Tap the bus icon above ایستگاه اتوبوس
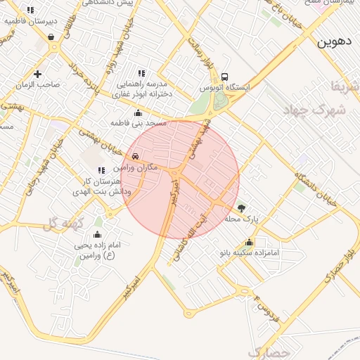click(x=224, y=77)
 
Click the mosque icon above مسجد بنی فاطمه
click(x=138, y=112)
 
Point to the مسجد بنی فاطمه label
click(x=138, y=123)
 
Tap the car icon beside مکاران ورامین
click(x=135, y=156)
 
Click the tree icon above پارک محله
click(x=242, y=208)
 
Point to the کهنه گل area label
click(x=64, y=224)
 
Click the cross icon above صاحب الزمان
click(x=37, y=74)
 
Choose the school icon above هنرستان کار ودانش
click(x=101, y=170)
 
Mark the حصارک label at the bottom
click(x=269, y=351)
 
